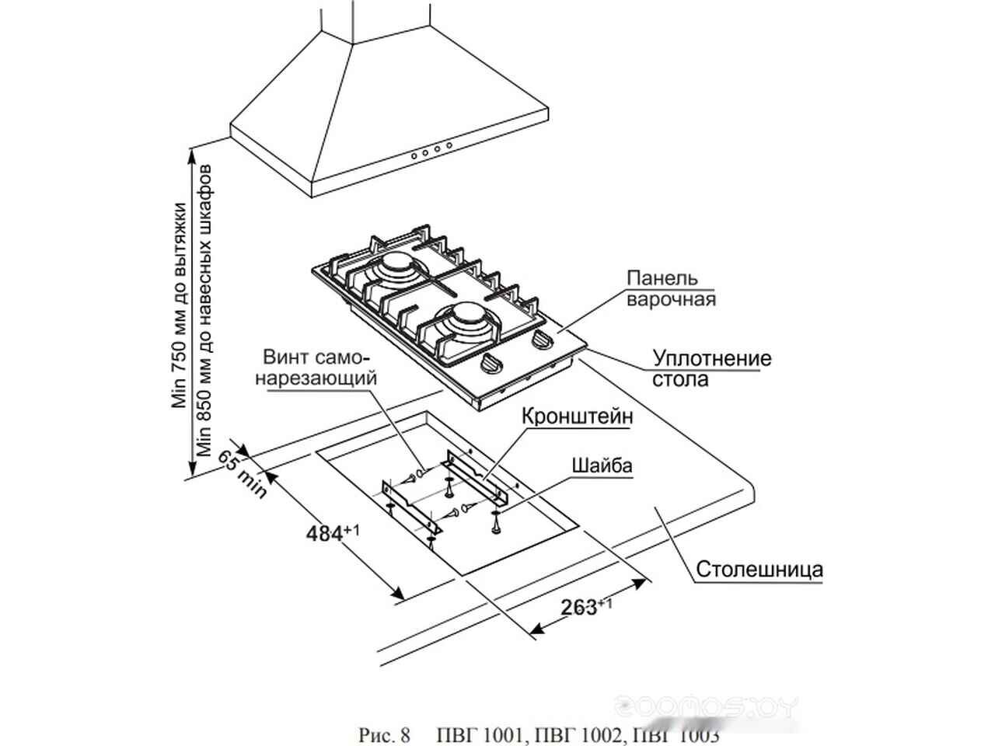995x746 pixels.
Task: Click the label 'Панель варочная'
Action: [x=671, y=288]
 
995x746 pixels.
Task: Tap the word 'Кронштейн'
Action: [x=578, y=417]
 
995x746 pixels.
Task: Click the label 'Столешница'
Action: [x=759, y=569]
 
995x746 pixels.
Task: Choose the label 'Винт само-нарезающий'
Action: [x=319, y=369]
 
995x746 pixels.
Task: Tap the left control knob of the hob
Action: [x=491, y=364]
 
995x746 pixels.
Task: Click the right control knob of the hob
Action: [x=542, y=340]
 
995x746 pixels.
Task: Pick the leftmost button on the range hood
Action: [x=414, y=155]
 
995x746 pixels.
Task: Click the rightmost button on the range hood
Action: [x=449, y=146]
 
